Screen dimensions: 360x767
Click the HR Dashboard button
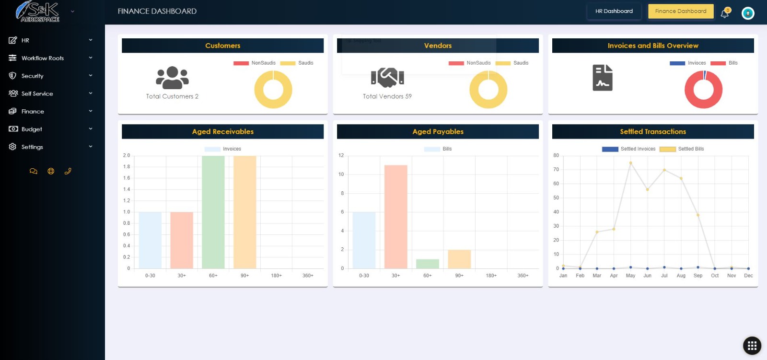[614, 11]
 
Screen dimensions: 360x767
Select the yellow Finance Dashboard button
[680, 11]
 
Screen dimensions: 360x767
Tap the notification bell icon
[724, 13]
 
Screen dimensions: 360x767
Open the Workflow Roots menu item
[42, 58]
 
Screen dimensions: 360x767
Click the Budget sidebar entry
[32, 129]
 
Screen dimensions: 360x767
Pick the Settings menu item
[32, 147]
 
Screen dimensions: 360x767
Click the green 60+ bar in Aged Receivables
[213, 212]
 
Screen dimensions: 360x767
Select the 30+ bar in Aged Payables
[395, 217]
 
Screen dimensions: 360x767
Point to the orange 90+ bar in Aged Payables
[459, 259]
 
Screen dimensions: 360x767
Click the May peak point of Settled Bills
[630, 163]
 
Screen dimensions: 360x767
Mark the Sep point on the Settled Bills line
[698, 215]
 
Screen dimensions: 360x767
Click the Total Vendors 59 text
[387, 96]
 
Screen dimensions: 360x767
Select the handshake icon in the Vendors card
[387, 77]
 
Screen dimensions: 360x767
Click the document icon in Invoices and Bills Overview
[603, 78]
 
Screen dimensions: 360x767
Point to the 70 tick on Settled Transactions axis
[556, 170]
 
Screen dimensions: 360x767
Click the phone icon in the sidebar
[68, 171]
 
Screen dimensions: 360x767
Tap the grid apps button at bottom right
[752, 346]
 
